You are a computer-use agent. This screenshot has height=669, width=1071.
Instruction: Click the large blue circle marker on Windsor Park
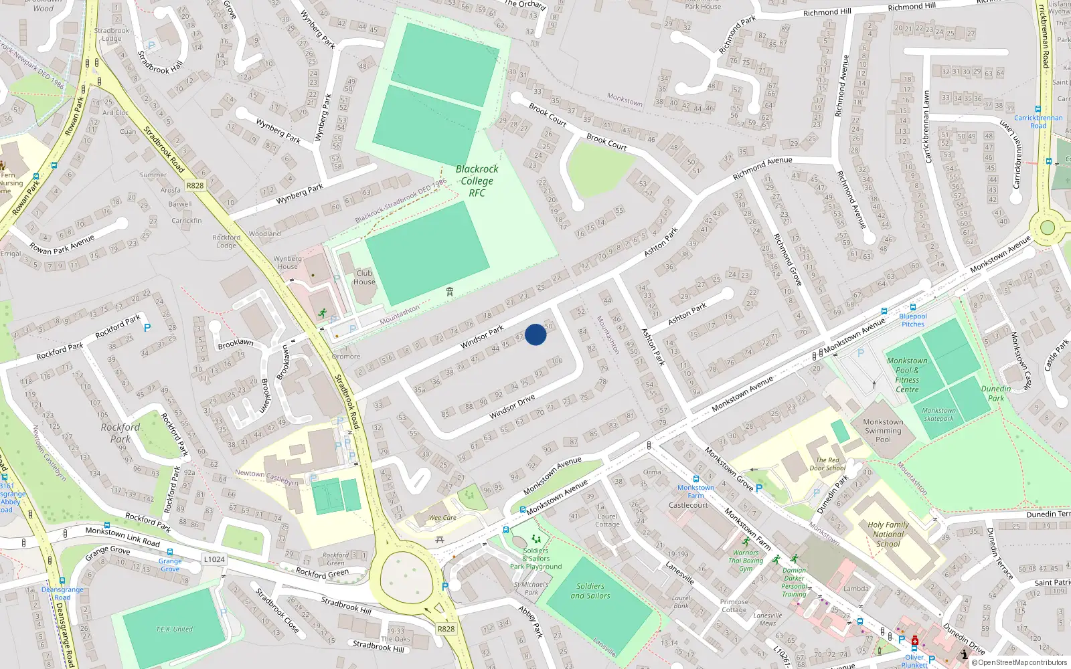tap(535, 334)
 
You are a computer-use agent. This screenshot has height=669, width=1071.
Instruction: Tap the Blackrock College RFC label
tap(477, 181)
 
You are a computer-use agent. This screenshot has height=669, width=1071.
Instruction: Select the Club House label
tap(364, 278)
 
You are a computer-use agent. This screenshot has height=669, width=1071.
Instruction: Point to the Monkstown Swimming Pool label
tap(883, 431)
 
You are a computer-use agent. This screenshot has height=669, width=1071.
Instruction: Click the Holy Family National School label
tap(888, 534)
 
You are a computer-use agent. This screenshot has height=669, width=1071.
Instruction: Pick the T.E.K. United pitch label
tap(174, 629)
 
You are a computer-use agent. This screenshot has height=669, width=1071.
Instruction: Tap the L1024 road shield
tap(214, 559)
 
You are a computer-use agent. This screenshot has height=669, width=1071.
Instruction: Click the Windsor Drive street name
tap(512, 406)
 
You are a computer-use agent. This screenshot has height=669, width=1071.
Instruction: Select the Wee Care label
tap(442, 517)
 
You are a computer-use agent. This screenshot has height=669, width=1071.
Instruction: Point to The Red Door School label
tap(827, 464)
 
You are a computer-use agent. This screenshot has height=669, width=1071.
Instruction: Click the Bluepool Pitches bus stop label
tap(913, 320)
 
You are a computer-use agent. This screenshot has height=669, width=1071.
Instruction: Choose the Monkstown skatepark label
tap(938, 414)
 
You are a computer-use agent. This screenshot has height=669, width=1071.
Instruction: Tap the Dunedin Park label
tap(996, 393)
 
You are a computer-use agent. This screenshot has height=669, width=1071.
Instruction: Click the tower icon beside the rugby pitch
tap(450, 292)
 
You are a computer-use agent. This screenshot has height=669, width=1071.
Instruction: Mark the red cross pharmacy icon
tap(915, 641)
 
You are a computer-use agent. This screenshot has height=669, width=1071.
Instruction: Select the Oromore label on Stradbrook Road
tap(346, 357)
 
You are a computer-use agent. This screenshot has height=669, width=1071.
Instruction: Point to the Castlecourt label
tap(688, 505)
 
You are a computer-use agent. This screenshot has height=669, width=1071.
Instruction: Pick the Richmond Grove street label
tap(787, 260)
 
